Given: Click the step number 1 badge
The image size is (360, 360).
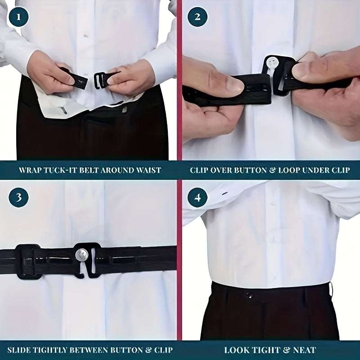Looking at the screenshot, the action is [18, 17].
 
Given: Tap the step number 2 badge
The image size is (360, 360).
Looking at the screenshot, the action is [198, 17].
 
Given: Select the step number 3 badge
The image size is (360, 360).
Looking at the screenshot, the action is [18, 198].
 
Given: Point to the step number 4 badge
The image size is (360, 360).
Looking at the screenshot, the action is [198, 198].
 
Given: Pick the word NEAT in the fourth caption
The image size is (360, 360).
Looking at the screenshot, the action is [305, 350].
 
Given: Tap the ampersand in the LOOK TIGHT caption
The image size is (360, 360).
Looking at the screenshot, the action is [286, 350].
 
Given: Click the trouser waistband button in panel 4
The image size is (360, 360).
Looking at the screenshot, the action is [248, 295].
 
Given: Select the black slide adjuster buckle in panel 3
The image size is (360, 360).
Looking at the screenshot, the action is [28, 261].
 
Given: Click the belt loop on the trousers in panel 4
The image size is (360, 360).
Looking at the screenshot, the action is [331, 290].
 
